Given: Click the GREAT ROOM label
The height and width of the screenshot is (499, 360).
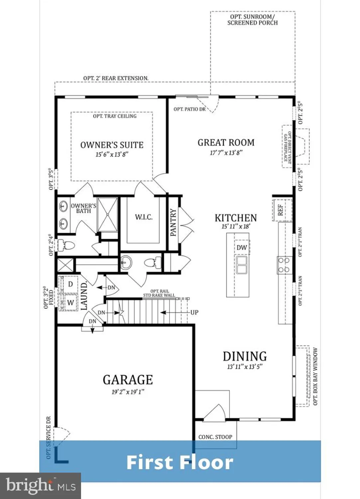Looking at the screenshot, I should click(x=226, y=143).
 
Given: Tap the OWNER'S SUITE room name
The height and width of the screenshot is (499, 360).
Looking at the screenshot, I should click(x=112, y=145).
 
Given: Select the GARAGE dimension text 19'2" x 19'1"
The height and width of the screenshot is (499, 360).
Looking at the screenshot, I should click(x=128, y=392).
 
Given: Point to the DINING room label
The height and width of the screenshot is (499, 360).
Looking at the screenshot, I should click(x=245, y=356).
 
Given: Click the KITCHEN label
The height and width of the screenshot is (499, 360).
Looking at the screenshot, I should click(x=236, y=218).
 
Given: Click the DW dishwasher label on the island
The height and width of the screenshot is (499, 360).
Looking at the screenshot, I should click(x=242, y=248).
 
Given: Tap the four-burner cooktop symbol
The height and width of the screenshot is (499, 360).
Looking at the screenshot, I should click(x=284, y=265).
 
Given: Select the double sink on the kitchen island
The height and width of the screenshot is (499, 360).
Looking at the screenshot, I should click(x=242, y=265).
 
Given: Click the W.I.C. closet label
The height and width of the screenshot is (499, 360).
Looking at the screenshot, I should click(x=144, y=217).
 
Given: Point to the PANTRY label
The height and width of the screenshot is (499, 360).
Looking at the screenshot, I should click(x=173, y=223).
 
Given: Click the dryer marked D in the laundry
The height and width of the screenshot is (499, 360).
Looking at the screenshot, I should click(x=70, y=284).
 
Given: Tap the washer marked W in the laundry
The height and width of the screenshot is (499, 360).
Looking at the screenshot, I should click(x=70, y=303).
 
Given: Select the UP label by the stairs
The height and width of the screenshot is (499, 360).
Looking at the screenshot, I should click(x=194, y=312).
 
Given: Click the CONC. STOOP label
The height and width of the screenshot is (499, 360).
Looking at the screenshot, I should click(x=215, y=437).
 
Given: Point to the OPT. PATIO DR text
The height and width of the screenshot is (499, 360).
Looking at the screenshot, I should click(x=189, y=109).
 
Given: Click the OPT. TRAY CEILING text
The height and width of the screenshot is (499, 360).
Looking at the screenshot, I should click(x=115, y=116).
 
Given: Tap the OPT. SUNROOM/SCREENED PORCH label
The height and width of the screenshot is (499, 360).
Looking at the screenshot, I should click(x=252, y=20).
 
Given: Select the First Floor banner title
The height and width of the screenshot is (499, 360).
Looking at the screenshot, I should click(x=180, y=462).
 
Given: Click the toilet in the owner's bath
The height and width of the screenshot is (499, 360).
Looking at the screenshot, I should click(x=66, y=246).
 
